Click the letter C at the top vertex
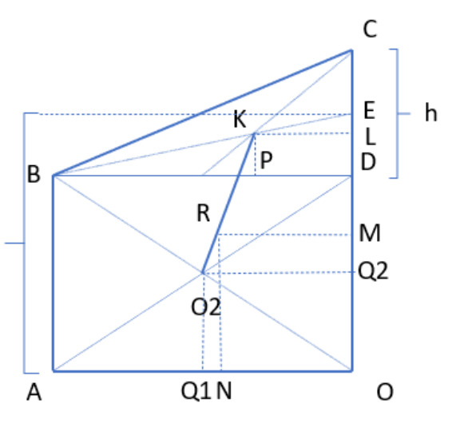coord(370,29)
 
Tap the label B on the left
coord(34,174)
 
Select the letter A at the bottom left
coord(34,392)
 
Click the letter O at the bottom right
coord(385,392)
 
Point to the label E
coord(369,110)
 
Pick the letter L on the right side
coord(371,136)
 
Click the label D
coord(368,161)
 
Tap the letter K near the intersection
coord(240,119)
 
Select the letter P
coord(266,160)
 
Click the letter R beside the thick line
coord(203,213)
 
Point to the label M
coord(370,233)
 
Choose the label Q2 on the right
coord(373,271)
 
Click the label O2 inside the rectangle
coord(206,307)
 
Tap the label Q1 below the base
coord(196,391)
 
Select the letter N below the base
coord(224,391)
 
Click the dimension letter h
coord(431,113)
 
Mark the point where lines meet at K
coord(254,133)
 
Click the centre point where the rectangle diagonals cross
coord(202,273)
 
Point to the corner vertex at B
coord(54,176)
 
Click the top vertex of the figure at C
coord(352,50)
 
